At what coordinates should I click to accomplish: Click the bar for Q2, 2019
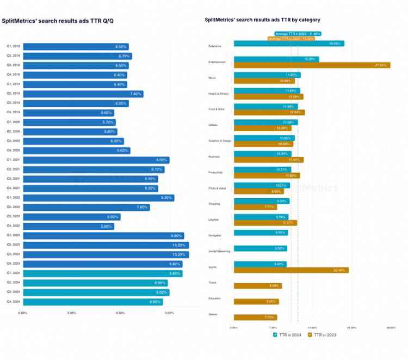tap(83, 94)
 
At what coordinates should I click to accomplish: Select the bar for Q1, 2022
tap(98, 197)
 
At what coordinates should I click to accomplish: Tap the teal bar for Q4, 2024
tap(92, 302)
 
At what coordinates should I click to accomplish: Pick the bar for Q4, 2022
tap(69, 226)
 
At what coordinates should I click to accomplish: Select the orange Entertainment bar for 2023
tap(312, 65)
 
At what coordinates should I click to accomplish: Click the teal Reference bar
tap(289, 44)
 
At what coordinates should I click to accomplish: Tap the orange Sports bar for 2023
tap(291, 270)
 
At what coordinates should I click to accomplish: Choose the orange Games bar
tap(255, 317)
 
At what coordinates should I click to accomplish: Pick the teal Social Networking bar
tap(261, 248)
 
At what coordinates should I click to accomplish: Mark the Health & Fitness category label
tap(219, 94)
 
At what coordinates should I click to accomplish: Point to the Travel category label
tap(213, 283)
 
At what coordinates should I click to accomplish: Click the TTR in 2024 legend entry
tap(288, 334)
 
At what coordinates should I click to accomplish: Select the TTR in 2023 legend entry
tap(324, 334)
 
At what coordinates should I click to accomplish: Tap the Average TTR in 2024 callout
tap(297, 33)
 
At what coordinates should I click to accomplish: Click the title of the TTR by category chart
tap(262, 20)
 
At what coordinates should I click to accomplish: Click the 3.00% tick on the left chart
tap(71, 313)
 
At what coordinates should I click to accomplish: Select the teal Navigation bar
tap(261, 233)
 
